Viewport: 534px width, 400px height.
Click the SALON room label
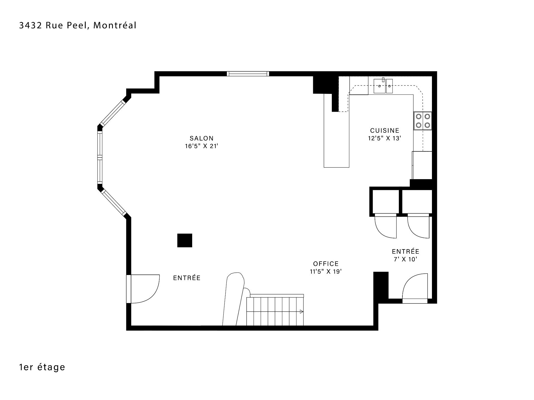[x=202, y=138]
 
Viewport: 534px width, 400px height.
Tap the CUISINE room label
[x=385, y=131]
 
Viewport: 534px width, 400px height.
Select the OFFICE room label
[x=326, y=264]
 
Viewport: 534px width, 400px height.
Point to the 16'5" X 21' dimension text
[x=202, y=146]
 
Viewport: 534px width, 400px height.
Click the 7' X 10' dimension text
[x=406, y=259]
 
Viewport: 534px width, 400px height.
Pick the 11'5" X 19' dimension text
[x=326, y=272]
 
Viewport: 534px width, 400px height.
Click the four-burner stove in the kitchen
[x=423, y=121]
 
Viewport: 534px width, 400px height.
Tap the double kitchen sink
[x=383, y=86]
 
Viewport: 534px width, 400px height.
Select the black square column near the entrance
[x=185, y=240]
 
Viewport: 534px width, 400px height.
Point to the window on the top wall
[x=248, y=74]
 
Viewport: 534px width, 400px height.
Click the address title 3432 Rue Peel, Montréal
[x=78, y=26]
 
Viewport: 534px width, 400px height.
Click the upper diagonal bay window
[x=112, y=112]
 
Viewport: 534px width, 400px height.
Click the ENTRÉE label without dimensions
[x=187, y=278]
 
